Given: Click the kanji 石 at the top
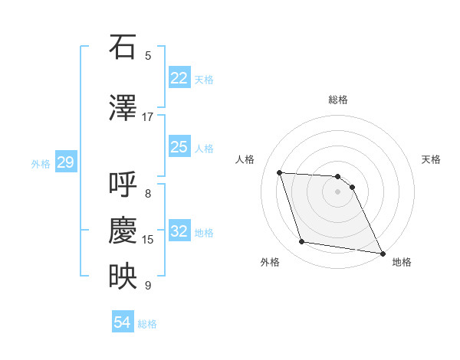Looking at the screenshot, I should tap(123, 47).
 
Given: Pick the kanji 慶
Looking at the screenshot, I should tap(123, 231).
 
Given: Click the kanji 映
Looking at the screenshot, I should tap(123, 277).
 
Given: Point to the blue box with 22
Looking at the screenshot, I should tap(179, 78).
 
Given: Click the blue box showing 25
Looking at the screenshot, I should tap(179, 147).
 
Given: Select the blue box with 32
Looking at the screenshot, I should tap(179, 231).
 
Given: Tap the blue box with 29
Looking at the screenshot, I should tap(65, 162).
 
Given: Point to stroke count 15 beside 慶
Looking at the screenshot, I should tap(148, 240).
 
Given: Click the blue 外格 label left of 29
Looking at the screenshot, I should tap(41, 163).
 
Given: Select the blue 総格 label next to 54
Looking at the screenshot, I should tap(147, 323).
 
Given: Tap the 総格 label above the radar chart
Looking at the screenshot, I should tap(337, 100).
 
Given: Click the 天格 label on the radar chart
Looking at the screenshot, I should tap(432, 159).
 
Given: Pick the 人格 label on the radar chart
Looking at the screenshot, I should tap(245, 159).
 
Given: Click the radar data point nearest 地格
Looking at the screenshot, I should tap(383, 253).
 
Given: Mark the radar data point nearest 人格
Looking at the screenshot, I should tap(280, 172).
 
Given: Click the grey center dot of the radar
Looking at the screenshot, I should tap(337, 191).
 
